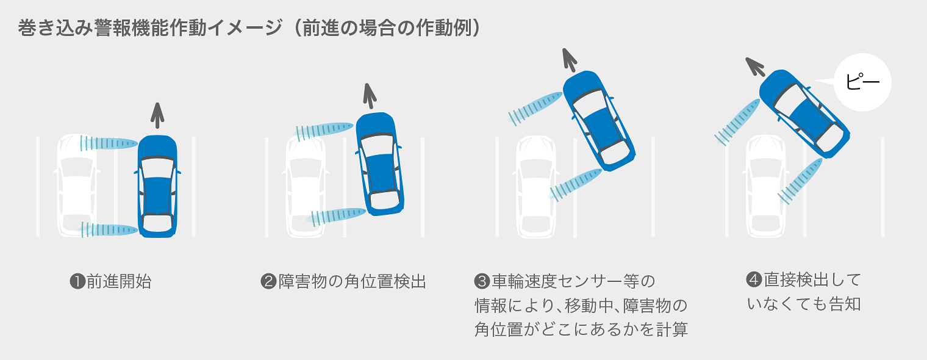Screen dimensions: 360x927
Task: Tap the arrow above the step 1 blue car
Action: pyautogui.click(x=157, y=115)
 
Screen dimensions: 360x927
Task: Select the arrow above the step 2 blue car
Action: pyautogui.click(x=370, y=96)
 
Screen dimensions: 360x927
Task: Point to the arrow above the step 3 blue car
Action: pyautogui.click(x=570, y=59)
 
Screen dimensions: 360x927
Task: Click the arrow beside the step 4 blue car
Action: pyautogui.click(x=756, y=66)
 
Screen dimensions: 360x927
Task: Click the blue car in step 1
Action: pyautogui.click(x=157, y=187)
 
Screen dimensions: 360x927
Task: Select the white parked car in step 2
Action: pyautogui.click(x=306, y=187)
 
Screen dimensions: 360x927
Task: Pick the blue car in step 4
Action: pyautogui.click(x=804, y=113)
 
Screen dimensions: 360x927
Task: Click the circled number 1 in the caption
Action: pyautogui.click(x=77, y=282)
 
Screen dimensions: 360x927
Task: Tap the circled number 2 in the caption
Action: pyautogui.click(x=268, y=282)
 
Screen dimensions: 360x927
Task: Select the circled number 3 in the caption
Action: pyautogui.click(x=482, y=282)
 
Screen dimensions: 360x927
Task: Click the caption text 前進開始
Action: pyautogui.click(x=118, y=282)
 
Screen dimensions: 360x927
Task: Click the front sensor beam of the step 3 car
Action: pyautogui.click(x=536, y=106)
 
